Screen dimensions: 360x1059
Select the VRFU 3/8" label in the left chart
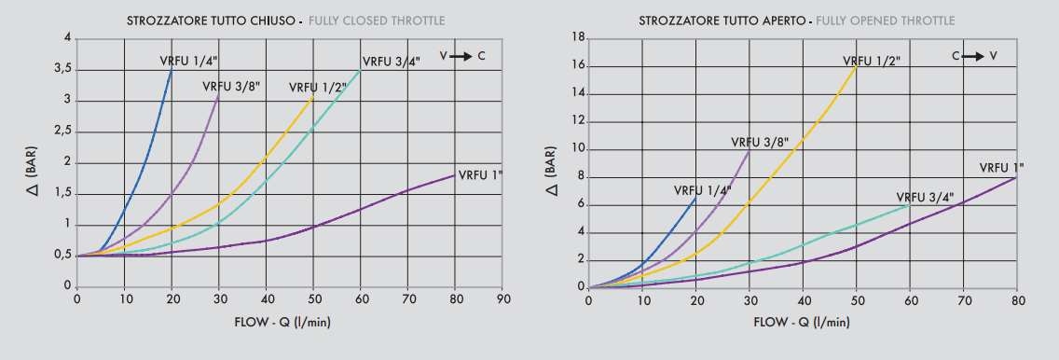(231, 87)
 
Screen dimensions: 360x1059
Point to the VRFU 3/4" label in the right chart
(926, 198)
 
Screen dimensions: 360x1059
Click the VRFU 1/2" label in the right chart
(872, 61)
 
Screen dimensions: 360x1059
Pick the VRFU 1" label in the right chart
(1001, 168)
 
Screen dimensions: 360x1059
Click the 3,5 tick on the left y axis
(61, 69)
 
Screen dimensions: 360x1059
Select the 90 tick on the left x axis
(504, 300)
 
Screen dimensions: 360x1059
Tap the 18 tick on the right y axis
(578, 38)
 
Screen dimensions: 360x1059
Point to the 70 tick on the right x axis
(964, 300)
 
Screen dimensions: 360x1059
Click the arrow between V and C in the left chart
(461, 57)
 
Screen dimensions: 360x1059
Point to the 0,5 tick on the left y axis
(61, 255)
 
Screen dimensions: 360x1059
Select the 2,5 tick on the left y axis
(61, 132)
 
